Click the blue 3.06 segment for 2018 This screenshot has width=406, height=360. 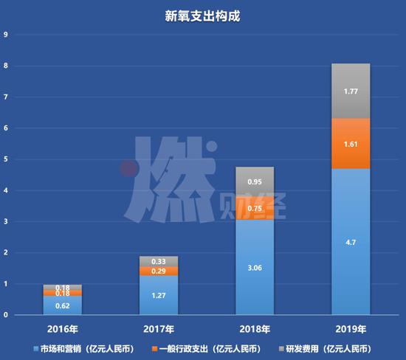point(255,267)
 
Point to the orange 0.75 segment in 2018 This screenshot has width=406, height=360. point(255,208)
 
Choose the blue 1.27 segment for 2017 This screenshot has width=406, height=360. point(159,295)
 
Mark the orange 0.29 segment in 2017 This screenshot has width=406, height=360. point(159,271)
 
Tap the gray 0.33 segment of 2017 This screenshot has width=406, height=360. point(159,261)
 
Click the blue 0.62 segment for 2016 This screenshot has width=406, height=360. point(63,305)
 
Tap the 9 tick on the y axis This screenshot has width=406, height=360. point(6,35)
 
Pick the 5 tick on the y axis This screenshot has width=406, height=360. point(6,159)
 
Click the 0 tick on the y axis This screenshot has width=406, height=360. point(6,315)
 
